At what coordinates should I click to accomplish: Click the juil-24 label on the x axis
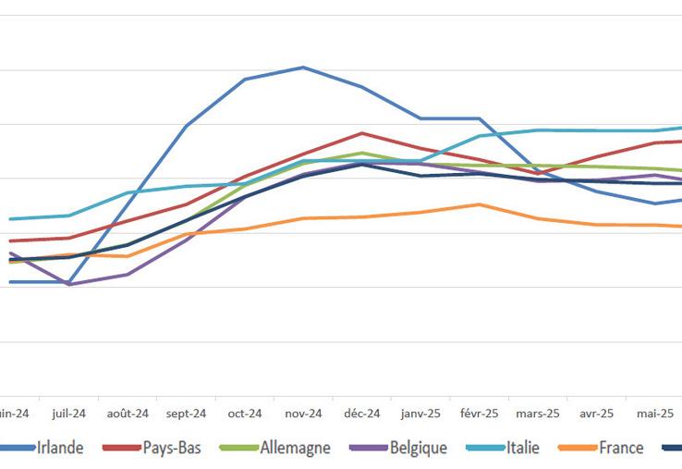(x=69, y=413)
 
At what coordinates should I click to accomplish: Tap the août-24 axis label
(x=128, y=413)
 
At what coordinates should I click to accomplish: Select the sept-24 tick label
(x=187, y=413)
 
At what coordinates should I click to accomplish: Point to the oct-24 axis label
(x=245, y=413)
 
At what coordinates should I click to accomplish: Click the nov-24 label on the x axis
(x=303, y=413)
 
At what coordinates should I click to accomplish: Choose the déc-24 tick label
(x=361, y=413)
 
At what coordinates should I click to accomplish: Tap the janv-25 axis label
(x=420, y=413)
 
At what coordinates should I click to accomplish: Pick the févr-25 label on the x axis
(x=479, y=413)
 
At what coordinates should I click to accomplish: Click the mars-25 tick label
(x=538, y=413)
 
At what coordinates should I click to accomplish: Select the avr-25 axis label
(x=596, y=413)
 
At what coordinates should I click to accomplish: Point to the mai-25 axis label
(x=654, y=413)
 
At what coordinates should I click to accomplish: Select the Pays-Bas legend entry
(x=175, y=449)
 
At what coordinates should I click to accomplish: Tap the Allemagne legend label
(x=294, y=449)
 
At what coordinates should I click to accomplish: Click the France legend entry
(x=621, y=449)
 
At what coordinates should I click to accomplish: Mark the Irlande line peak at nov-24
(x=303, y=68)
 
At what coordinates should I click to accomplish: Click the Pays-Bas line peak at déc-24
(x=361, y=133)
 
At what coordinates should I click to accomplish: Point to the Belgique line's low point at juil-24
(x=69, y=284)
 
